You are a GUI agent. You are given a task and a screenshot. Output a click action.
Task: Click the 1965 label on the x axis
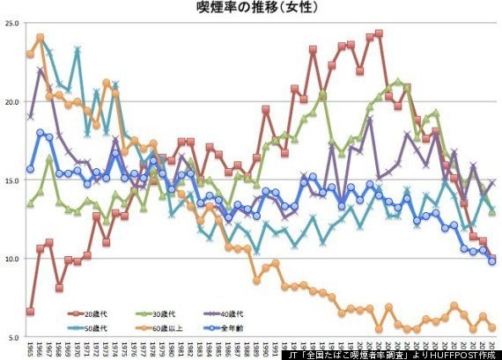pos(31,349)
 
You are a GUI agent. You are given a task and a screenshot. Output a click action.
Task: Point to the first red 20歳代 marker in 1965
pos(31,312)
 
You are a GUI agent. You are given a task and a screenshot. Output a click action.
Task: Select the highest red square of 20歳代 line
pos(379,33)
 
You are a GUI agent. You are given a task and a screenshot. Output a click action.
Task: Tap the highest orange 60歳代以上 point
pos(41,38)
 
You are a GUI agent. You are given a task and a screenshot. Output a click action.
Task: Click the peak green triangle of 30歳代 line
pos(397,82)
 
